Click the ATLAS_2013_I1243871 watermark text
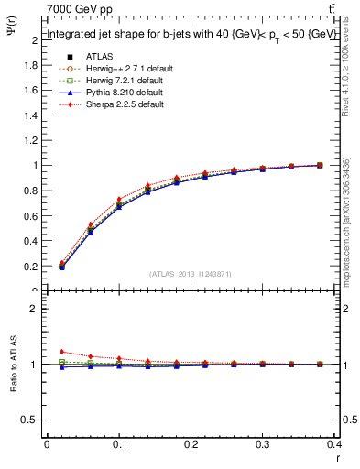191,274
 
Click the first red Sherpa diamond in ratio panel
61,352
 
